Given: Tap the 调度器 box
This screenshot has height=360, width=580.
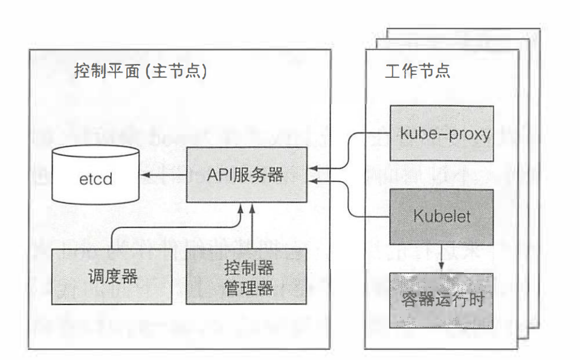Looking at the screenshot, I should (x=112, y=277).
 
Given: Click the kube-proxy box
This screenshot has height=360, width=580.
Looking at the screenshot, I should (x=441, y=133).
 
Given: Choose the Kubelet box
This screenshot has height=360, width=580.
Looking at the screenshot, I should (x=441, y=216).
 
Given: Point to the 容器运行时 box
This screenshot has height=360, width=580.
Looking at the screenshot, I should (x=441, y=300).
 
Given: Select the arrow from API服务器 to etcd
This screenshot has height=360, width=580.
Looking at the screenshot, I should (x=162, y=176).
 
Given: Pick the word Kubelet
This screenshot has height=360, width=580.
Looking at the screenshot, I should (x=442, y=216).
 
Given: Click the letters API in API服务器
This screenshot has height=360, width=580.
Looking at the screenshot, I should (x=221, y=175).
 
